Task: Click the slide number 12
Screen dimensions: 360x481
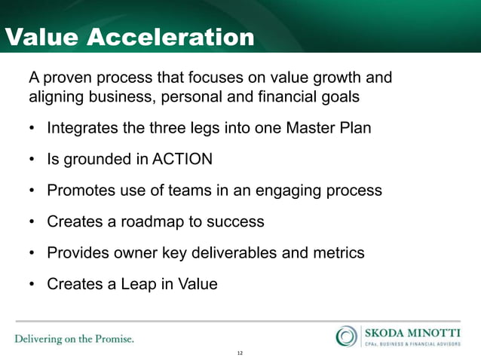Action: (240, 352)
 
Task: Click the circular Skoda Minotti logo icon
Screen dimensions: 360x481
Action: (347, 335)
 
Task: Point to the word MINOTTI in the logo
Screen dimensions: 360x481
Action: (437, 331)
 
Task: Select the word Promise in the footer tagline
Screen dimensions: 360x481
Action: (111, 338)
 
